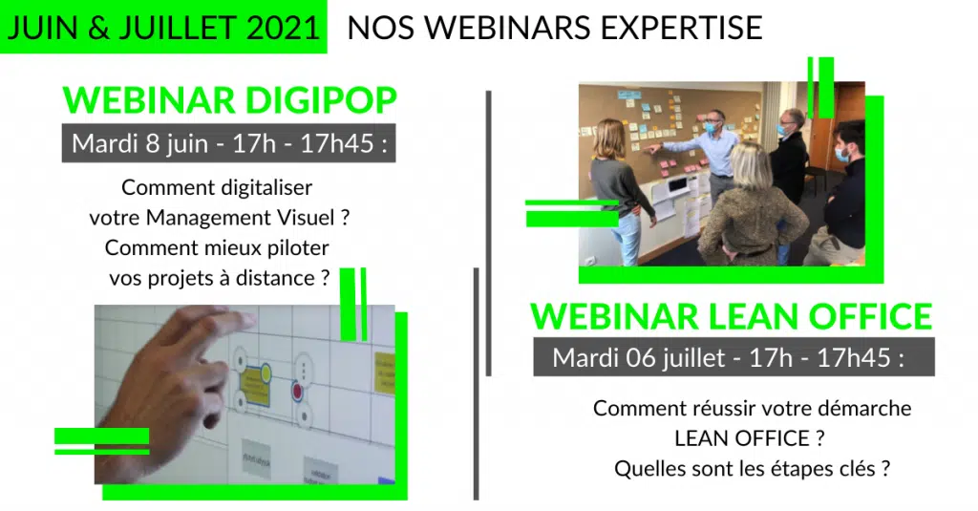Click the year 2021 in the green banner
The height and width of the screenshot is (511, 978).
283,28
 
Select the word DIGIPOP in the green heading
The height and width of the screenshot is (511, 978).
321,100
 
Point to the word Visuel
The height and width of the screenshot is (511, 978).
306,218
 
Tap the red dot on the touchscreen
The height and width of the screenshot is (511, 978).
298,392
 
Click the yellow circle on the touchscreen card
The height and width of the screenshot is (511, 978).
266,373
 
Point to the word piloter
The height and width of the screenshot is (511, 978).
298,248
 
